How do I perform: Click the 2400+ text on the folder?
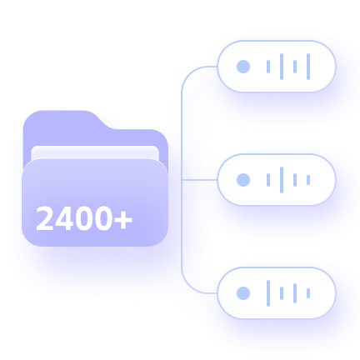(x=84, y=218)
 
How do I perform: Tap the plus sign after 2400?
(x=123, y=220)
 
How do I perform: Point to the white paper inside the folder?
(x=95, y=152)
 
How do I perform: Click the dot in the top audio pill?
(x=243, y=67)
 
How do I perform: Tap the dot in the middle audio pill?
(x=243, y=180)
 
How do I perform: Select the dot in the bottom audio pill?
(x=243, y=293)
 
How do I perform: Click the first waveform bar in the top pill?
(x=268, y=67)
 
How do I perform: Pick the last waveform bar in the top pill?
(x=308, y=67)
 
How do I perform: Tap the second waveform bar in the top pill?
(x=282, y=67)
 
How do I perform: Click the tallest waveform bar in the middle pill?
(x=282, y=180)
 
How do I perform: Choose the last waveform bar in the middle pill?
(x=308, y=180)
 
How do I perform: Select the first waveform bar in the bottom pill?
(x=268, y=293)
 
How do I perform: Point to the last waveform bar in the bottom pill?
(x=308, y=293)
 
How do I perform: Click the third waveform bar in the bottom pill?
(x=295, y=293)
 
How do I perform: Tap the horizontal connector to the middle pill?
(x=199, y=180)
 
